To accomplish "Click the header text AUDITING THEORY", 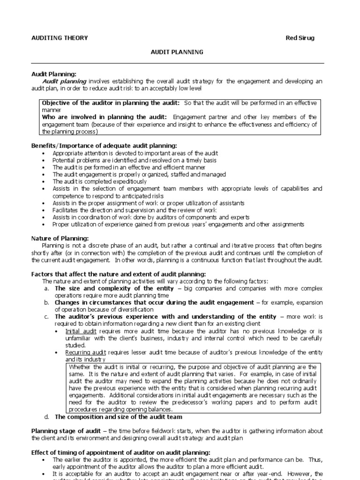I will [x=59, y=38].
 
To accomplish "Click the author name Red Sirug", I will [x=300, y=38].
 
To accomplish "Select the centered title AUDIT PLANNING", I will [x=177, y=52].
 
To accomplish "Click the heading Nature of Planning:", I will [x=60, y=239].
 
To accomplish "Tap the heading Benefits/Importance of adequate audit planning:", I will [x=104, y=146].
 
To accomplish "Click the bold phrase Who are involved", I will [x=66, y=117].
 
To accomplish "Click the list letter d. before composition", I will [x=46, y=417].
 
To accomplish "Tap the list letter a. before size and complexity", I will [x=46, y=288].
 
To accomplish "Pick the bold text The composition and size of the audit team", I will [x=118, y=417].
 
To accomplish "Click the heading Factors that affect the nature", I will [x=118, y=274].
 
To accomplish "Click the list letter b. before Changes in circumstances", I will [x=46, y=302].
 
